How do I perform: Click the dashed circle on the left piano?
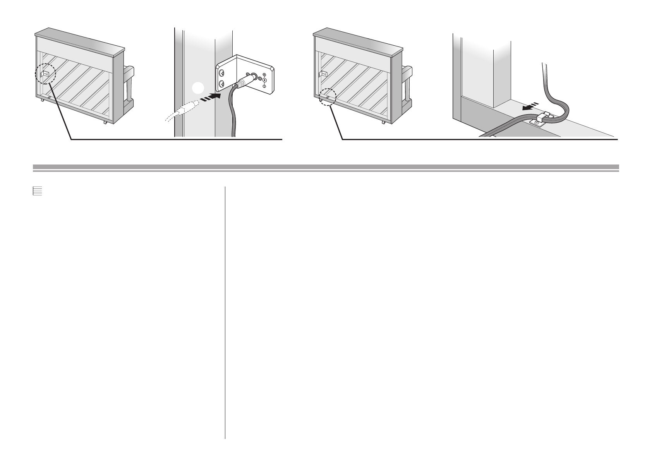click(45, 74)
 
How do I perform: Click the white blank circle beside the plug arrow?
click(198, 89)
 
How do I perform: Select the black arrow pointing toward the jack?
click(211, 96)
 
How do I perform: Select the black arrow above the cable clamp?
click(530, 106)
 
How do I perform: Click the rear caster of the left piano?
click(105, 123)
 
